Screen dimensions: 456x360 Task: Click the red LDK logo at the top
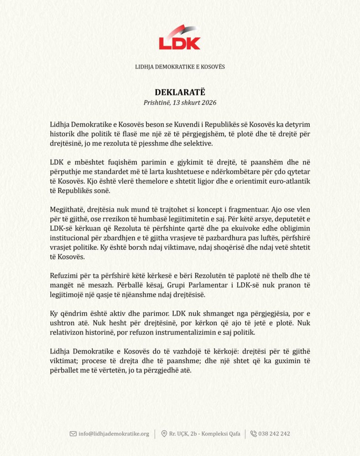tap(180, 38)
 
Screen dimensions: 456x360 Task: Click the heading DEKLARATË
tap(180, 92)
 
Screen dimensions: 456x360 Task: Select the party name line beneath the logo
tap(180, 67)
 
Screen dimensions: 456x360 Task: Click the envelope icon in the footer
tap(73, 434)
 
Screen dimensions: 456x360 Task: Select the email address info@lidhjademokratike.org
tap(114, 434)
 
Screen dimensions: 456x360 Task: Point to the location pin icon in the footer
tap(164, 434)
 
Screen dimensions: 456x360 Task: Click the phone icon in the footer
tap(254, 434)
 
